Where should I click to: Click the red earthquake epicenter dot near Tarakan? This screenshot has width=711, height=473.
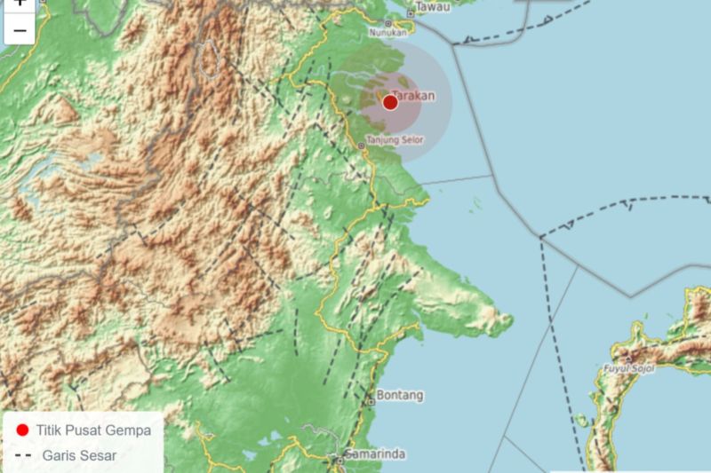[x=390, y=102]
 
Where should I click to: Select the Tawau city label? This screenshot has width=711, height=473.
[x=434, y=8]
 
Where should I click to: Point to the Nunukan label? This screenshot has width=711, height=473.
[x=389, y=33]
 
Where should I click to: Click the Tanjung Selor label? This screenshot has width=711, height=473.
[x=395, y=139]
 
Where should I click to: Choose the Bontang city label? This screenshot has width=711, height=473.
[x=400, y=395]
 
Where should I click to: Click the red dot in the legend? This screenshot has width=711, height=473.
[x=23, y=430]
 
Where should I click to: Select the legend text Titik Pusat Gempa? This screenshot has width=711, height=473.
[x=93, y=430]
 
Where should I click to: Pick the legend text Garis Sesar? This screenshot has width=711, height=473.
[x=79, y=456]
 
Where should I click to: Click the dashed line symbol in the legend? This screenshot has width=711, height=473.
[x=23, y=456]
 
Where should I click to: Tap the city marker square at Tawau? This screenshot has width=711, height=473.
[x=411, y=13]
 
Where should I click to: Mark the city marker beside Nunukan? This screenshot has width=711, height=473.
[x=387, y=24]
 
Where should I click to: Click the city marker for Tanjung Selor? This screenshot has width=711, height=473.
[x=361, y=145]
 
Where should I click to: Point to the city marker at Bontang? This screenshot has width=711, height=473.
[x=371, y=401]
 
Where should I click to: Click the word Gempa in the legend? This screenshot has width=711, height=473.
[x=130, y=430]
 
